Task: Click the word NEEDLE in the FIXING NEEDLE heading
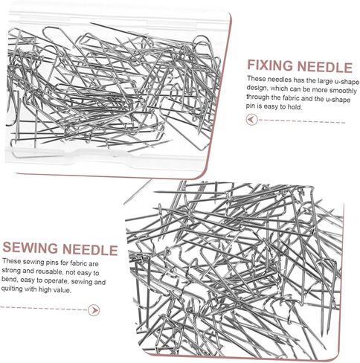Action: [x=325, y=67]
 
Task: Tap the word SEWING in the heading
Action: [x=30, y=248]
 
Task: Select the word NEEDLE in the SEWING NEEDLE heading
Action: [x=90, y=249]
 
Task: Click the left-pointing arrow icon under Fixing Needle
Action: [x=251, y=120]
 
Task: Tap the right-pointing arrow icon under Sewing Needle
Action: [x=94, y=310]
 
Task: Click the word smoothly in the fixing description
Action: [x=343, y=91]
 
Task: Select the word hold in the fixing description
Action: [x=295, y=107]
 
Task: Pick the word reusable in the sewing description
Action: [x=49, y=272]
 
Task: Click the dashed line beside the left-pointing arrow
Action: [x=302, y=121]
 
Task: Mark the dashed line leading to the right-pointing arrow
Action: [x=44, y=309]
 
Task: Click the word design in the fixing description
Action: [x=257, y=88]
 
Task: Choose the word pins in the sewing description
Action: [x=49, y=262]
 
